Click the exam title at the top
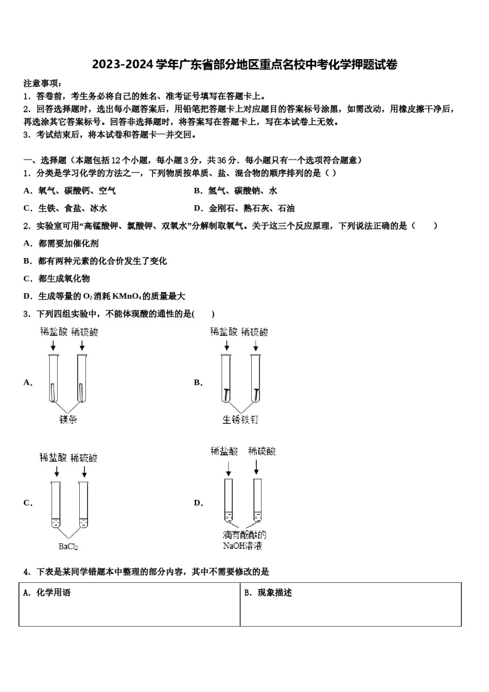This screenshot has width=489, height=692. click(x=244, y=65)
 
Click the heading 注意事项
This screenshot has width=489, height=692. click(x=43, y=83)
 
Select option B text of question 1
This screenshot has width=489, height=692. click(x=236, y=191)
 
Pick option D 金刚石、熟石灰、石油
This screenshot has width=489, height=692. click(x=244, y=209)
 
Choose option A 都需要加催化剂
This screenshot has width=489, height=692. click(x=61, y=244)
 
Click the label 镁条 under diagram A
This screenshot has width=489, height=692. click(x=68, y=420)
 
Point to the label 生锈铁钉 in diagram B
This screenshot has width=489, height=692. click(x=240, y=420)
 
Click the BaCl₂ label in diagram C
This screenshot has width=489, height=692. click(x=68, y=546)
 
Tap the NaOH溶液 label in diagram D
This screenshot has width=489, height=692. click(x=242, y=546)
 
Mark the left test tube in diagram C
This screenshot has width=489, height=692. click(x=56, y=504)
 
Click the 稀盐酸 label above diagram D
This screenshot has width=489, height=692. click(x=224, y=452)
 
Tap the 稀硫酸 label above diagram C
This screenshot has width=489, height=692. click(x=84, y=458)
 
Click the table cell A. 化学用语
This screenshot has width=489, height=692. click(x=129, y=604)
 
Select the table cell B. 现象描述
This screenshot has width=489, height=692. click(x=351, y=604)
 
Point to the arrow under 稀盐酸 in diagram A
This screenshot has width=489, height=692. click(x=53, y=344)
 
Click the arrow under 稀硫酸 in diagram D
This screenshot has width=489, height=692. click(x=256, y=466)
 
